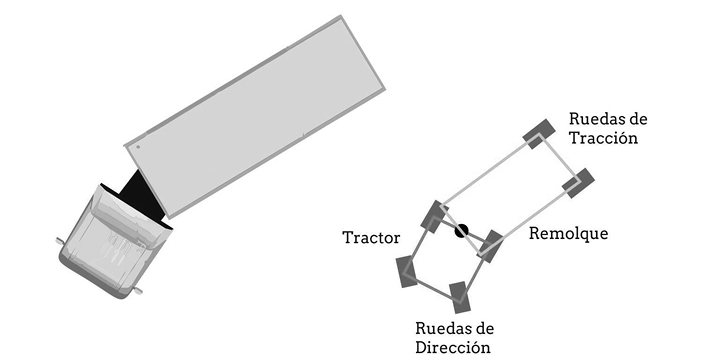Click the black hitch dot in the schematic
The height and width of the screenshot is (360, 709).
[x=461, y=231]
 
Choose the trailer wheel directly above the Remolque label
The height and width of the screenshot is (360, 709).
[x=578, y=183]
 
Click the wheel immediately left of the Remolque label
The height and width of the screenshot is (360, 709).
[x=491, y=244]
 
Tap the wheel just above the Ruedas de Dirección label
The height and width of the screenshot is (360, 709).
[x=459, y=295]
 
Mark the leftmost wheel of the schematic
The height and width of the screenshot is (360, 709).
[x=408, y=270]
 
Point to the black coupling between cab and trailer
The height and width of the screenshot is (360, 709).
[x=146, y=197]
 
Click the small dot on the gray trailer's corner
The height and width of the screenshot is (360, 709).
[x=137, y=146]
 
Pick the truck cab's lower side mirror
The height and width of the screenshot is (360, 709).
[x=137, y=291]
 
